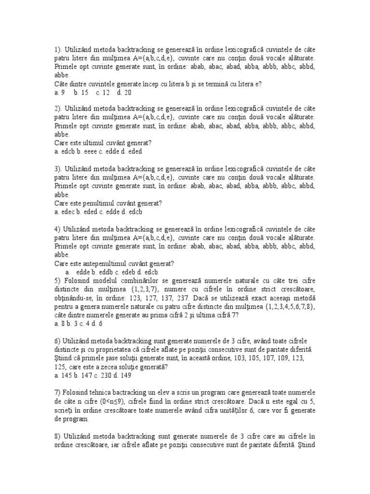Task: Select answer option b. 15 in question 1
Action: [81, 92]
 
